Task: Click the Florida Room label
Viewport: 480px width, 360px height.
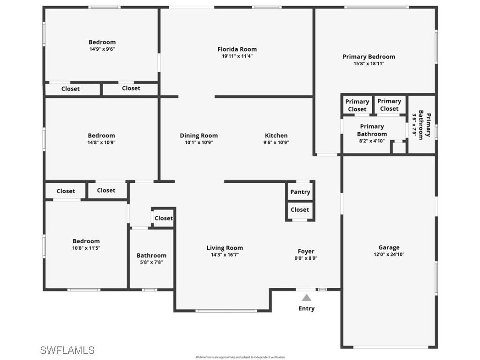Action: click(237, 49)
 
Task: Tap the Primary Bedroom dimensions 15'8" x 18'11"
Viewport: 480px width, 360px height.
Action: click(368, 64)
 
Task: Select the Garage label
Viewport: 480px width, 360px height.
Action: click(389, 247)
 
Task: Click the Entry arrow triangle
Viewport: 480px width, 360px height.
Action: click(307, 298)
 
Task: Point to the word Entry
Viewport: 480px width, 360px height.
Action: click(307, 308)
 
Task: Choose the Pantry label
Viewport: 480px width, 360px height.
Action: click(300, 192)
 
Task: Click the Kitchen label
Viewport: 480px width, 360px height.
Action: click(276, 135)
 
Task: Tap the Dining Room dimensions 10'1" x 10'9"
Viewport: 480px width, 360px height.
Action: click(199, 142)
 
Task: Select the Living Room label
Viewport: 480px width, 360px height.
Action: click(225, 248)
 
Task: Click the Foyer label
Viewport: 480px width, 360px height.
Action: click(306, 251)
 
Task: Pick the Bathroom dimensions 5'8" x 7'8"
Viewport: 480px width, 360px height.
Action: click(151, 262)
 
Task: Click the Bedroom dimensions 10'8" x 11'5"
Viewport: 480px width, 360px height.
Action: click(86, 248)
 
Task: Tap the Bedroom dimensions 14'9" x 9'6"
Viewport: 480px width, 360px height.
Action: click(102, 49)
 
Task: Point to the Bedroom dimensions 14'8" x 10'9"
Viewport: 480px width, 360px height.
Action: click(101, 142)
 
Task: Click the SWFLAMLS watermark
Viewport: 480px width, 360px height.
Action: click(67, 350)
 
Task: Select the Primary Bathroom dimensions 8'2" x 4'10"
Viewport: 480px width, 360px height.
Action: click(372, 140)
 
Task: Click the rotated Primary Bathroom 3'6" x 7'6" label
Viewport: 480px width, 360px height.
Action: click(421, 124)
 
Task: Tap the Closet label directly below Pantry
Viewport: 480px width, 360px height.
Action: click(300, 210)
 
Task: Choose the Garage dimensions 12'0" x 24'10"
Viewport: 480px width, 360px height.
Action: click(389, 255)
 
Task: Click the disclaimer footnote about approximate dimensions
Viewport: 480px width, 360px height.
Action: click(240, 357)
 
